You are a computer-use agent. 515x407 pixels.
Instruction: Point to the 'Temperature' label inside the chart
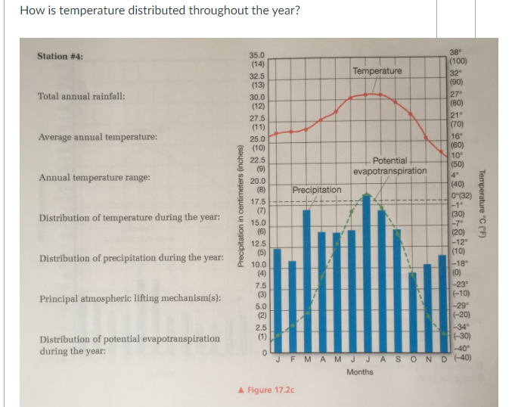coord(377,71)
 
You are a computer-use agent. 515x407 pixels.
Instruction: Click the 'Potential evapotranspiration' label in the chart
coord(389,166)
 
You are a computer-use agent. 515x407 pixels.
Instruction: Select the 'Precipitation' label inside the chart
coord(317,189)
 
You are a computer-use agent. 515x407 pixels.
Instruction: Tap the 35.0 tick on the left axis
coord(257,56)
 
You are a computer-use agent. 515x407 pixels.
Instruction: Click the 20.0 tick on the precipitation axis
coord(257,182)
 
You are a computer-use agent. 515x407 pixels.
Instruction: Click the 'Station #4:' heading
coord(60,57)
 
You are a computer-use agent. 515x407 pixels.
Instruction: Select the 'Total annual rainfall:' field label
coord(82,97)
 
